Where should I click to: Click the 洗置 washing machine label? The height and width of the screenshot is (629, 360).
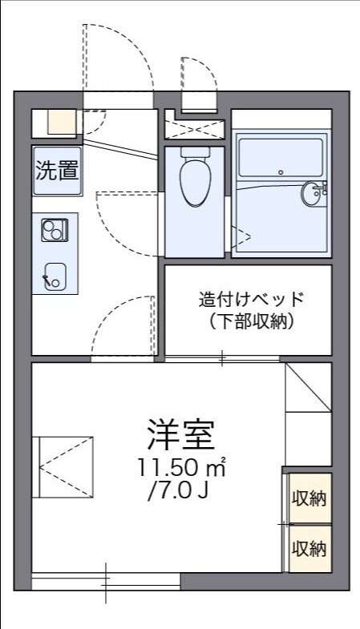[x=56, y=170]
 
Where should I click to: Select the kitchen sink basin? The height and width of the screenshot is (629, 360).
[x=55, y=275]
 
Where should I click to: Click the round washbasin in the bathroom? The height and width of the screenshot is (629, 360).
[x=312, y=193]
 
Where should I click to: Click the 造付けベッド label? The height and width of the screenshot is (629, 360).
[x=252, y=300]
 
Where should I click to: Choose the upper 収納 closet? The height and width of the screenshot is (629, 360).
[x=309, y=498]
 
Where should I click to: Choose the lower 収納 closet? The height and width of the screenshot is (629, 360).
[x=309, y=549]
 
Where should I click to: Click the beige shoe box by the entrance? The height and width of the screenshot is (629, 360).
[x=59, y=121]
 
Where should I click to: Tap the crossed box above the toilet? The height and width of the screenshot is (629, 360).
[x=193, y=128]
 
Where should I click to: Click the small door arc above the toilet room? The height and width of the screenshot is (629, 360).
[x=199, y=80]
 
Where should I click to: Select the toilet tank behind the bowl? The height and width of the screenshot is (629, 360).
[x=194, y=151]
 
